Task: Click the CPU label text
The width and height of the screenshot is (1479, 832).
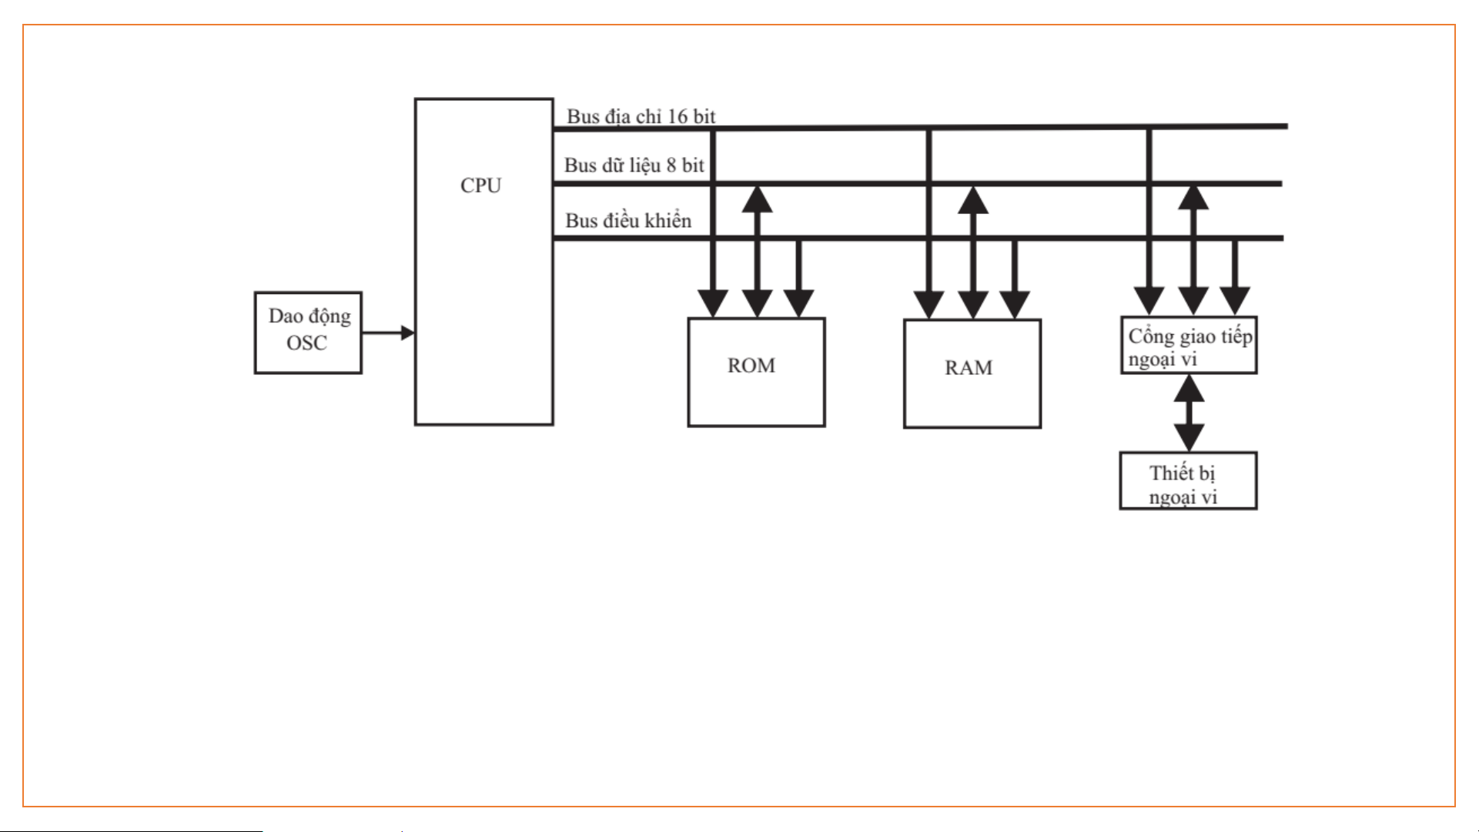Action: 480,185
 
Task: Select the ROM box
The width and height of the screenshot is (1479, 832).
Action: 755,372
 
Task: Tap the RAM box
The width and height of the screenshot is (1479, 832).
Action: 972,373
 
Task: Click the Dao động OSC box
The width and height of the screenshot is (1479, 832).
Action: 308,332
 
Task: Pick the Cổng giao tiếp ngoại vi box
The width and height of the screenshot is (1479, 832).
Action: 1188,346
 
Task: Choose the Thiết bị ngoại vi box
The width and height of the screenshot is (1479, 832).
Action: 1187,481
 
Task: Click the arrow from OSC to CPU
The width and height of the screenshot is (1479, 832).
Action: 388,332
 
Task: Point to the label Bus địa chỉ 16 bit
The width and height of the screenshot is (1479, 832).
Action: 641,116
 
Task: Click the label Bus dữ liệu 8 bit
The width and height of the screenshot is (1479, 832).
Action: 634,165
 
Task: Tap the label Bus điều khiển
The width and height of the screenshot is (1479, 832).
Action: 628,221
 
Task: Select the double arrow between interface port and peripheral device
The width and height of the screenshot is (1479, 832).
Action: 1189,413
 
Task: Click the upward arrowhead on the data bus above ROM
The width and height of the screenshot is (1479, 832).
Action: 758,199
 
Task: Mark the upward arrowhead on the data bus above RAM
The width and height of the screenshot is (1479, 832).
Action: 973,200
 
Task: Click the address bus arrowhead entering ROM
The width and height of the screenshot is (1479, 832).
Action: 713,303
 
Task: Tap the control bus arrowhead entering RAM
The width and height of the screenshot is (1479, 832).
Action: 1015,305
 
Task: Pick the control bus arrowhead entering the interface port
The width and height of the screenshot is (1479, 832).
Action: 1235,301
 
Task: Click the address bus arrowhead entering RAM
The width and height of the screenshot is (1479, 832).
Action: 929,305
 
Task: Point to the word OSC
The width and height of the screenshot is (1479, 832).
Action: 306,343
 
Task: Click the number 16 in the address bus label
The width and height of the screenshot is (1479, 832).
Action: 678,116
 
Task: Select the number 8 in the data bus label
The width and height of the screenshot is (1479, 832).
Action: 671,165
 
